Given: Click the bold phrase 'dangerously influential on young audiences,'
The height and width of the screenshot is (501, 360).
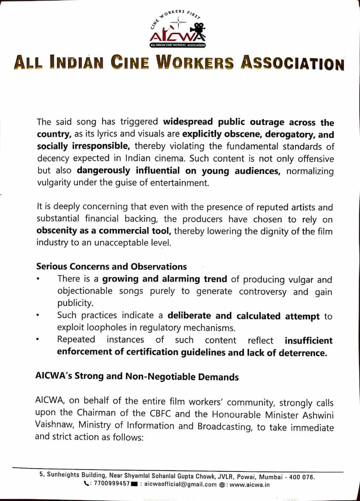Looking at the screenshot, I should (179, 170).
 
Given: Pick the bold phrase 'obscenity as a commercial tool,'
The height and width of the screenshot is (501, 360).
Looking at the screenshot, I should (104, 231).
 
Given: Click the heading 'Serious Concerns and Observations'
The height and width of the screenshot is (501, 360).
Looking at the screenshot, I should (111, 266).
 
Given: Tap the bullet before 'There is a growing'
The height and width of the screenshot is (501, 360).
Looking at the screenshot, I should (38, 279).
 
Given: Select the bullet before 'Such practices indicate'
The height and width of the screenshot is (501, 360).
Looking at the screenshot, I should (38, 316).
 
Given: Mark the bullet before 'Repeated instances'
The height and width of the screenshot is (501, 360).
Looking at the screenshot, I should (38, 340).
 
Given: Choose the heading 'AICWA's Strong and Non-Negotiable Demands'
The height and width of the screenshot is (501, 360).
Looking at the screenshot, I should (137, 377).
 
